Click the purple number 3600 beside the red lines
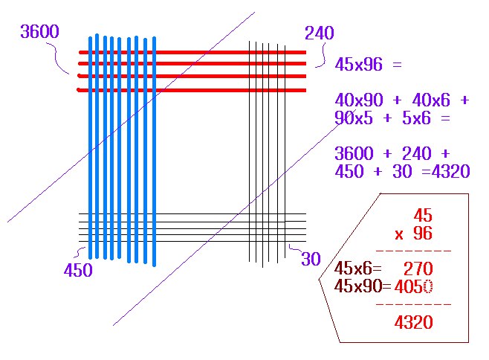[39, 31]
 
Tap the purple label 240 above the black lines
[320, 33]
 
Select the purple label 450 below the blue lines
[78, 270]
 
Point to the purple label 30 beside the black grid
[311, 259]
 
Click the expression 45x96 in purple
[359, 65]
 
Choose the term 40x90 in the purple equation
[359, 100]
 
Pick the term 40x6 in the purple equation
[431, 100]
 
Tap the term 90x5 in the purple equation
[354, 118]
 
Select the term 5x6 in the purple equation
[416, 118]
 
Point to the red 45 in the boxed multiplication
[423, 216]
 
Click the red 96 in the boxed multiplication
[423, 234]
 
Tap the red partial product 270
[418, 269]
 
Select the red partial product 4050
[413, 286]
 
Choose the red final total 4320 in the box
[413, 322]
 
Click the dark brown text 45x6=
[358, 269]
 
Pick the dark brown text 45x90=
[363, 286]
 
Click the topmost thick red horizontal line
[192, 53]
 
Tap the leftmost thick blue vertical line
[91, 148]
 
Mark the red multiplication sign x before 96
[399, 235]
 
